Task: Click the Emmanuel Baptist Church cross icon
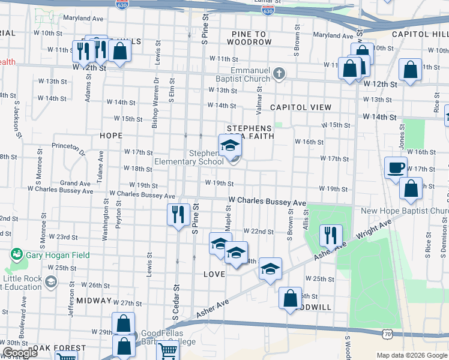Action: click(279, 74)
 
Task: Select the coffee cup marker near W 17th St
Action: click(396, 169)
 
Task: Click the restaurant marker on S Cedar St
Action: click(178, 215)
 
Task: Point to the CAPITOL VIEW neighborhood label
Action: click(300, 107)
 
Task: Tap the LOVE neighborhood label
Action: click(214, 274)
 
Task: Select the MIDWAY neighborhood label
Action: click(94, 301)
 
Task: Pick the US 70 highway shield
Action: click(387, 331)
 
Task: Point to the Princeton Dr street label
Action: click(70, 146)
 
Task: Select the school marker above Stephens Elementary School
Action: click(229, 146)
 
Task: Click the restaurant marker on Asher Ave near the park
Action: click(330, 235)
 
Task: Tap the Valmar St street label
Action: click(259, 97)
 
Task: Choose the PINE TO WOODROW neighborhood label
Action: click(250, 42)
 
